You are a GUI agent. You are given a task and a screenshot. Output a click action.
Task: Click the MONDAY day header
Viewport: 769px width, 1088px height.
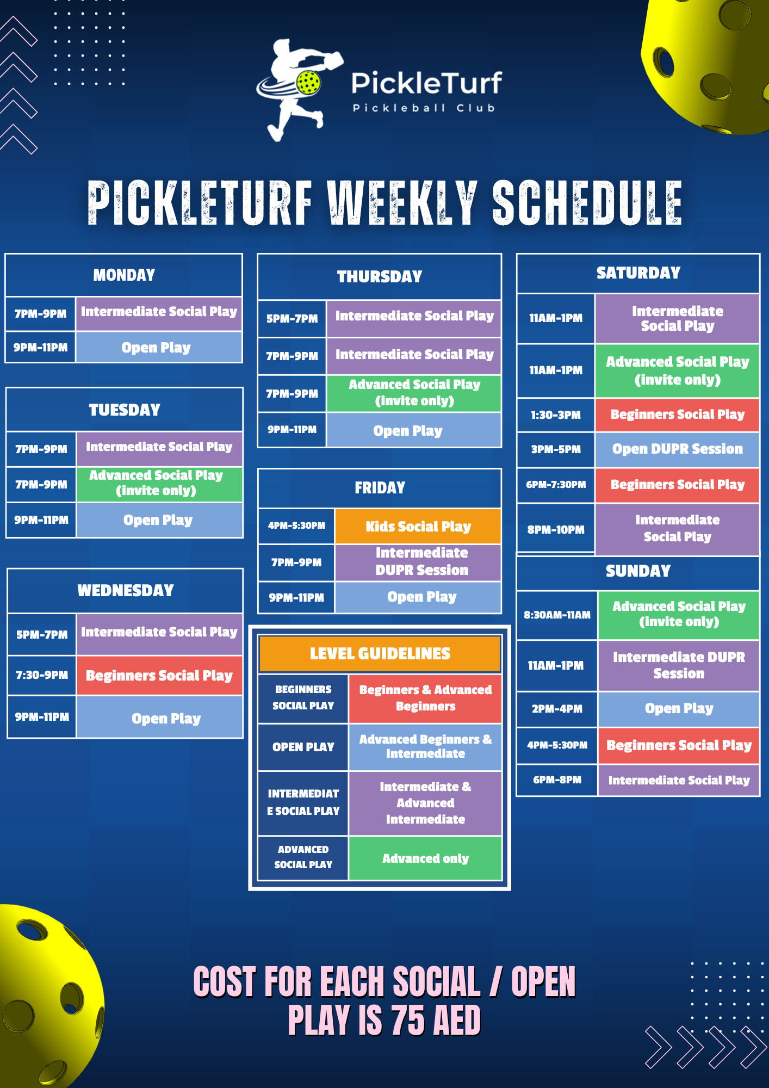[124, 275]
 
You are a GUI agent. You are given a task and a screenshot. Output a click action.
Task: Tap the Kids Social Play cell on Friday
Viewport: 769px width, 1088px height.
[418, 526]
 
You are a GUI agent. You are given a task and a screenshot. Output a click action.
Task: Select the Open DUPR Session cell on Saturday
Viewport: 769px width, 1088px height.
[677, 449]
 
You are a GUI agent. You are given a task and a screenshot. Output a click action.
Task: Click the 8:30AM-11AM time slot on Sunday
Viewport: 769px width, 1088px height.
[557, 615]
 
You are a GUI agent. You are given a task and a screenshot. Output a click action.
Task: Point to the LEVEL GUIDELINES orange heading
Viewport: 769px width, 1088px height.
[380, 653]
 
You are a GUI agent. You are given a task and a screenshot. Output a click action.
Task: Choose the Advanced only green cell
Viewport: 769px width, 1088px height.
[425, 858]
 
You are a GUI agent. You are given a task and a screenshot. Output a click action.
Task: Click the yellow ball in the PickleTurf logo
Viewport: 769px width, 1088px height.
[308, 83]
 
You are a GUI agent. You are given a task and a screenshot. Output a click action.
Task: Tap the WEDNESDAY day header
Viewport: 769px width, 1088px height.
[125, 590]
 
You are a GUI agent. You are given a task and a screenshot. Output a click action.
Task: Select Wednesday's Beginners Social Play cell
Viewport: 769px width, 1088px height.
[159, 675]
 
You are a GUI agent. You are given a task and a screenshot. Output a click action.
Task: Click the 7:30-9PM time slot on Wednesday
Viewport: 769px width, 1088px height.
[42, 675]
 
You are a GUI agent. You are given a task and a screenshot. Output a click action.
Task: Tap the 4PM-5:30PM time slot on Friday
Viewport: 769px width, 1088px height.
[296, 526]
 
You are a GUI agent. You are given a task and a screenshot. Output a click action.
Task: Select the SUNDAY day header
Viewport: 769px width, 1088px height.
[638, 571]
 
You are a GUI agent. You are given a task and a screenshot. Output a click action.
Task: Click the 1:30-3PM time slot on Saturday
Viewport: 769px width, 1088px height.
[556, 415]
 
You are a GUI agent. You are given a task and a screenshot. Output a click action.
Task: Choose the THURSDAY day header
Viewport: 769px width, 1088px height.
[380, 276]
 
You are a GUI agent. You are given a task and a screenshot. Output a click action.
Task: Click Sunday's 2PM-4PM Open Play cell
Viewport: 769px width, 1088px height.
[678, 708]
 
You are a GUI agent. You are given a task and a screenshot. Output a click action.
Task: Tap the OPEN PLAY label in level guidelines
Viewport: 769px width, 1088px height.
[303, 747]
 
